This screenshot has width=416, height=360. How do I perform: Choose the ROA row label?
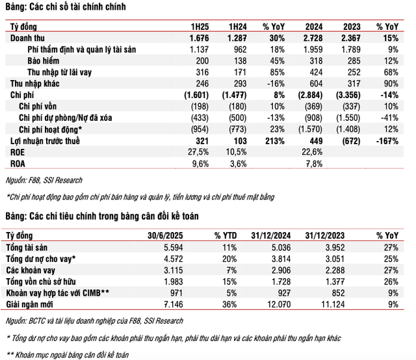[x=17, y=162]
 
